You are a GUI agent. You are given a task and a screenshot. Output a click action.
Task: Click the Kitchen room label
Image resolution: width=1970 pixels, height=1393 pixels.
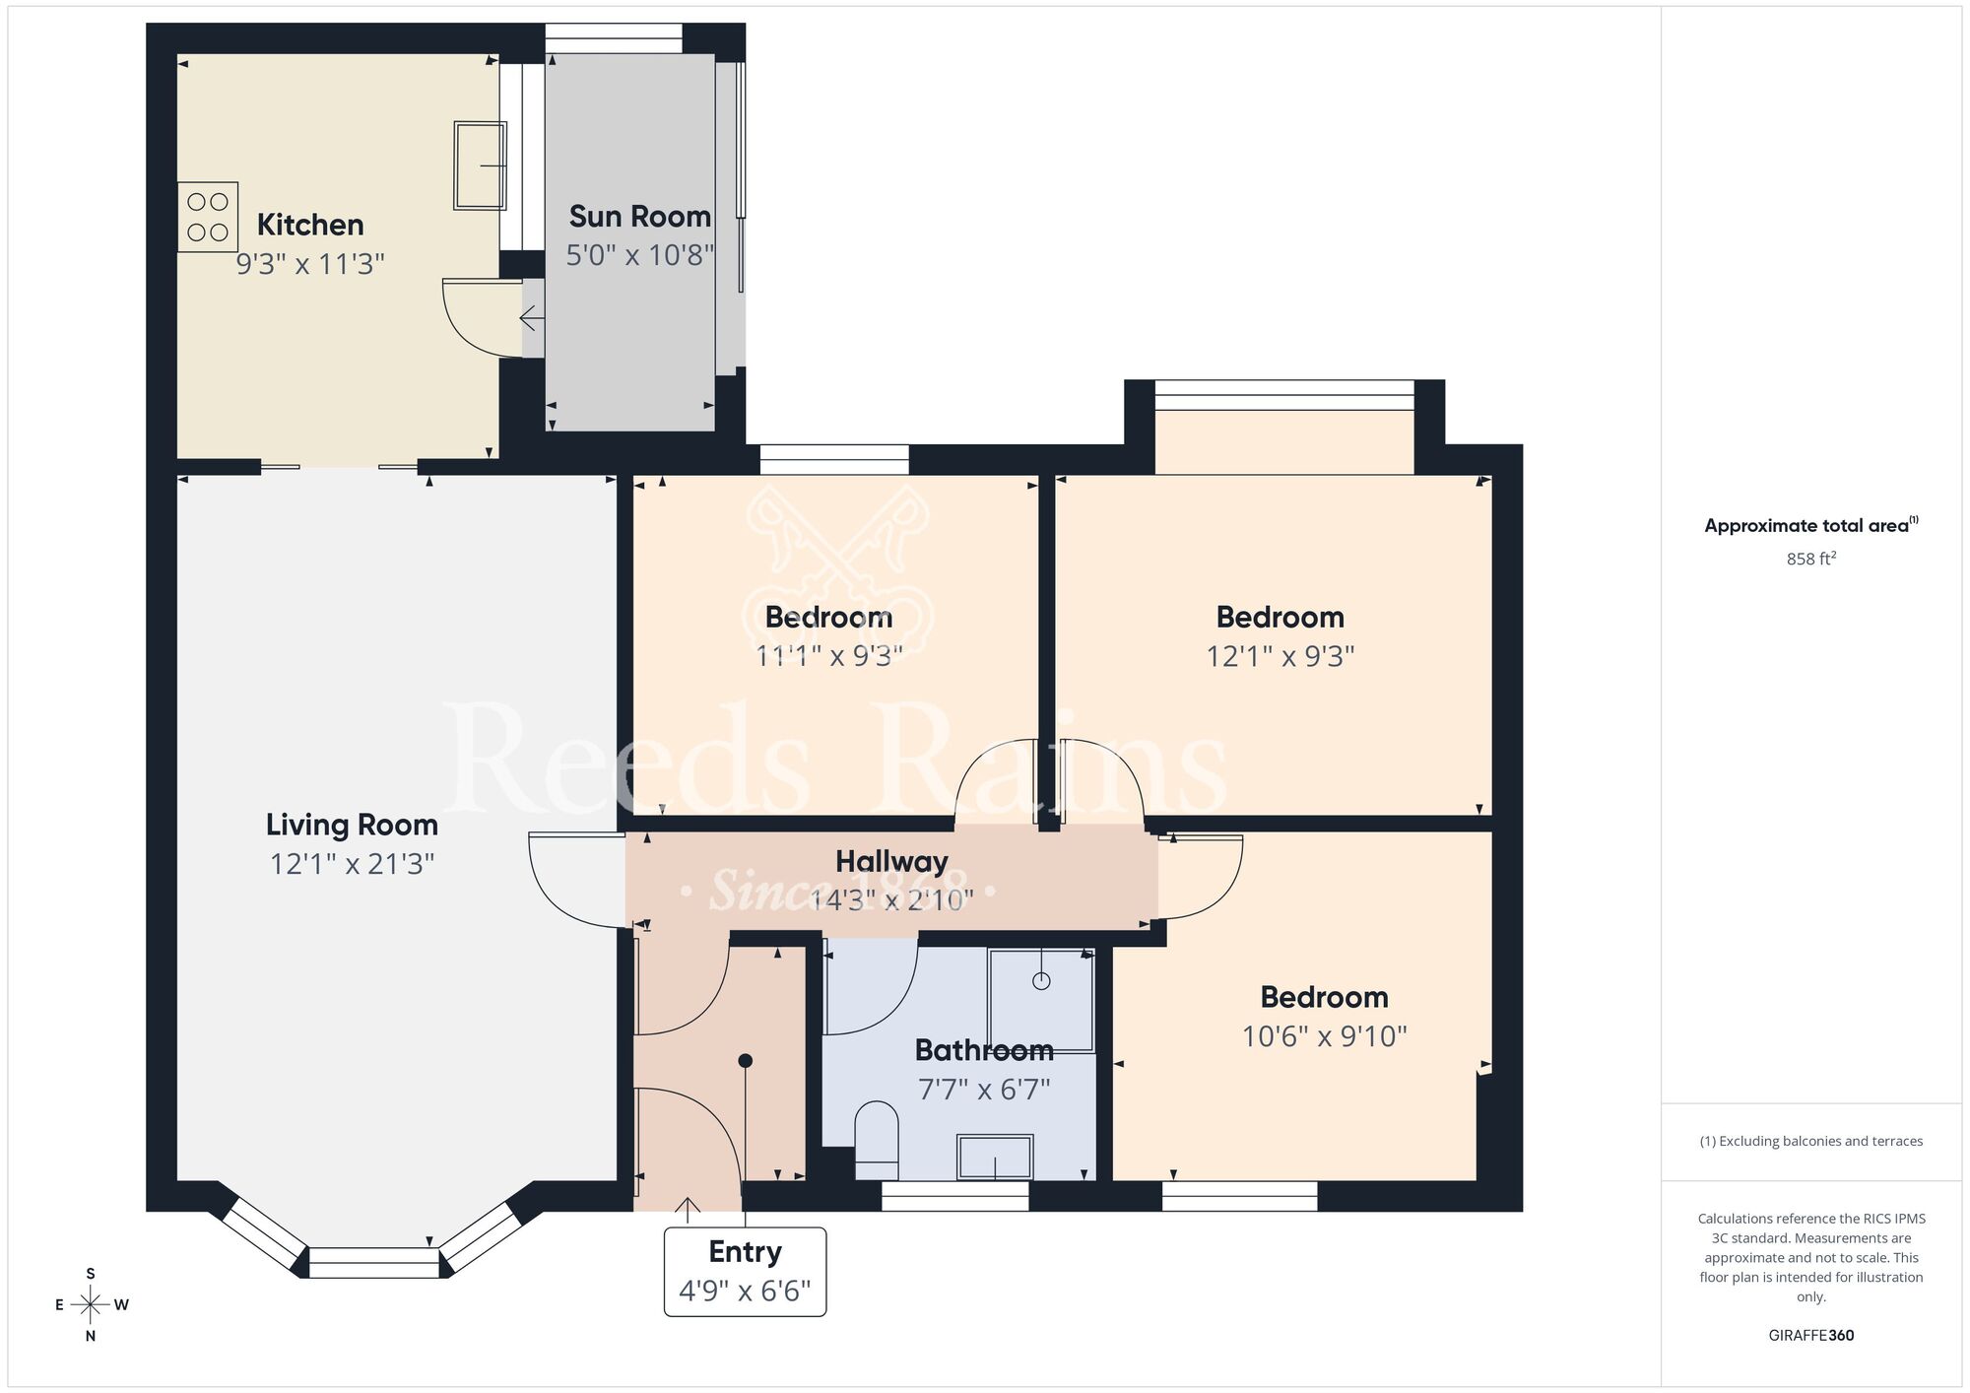(x=310, y=225)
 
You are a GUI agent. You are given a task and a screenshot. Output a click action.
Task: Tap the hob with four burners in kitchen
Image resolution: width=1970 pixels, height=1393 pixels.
(x=208, y=217)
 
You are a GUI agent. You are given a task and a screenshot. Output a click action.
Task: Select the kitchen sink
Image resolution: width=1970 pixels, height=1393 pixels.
(x=480, y=166)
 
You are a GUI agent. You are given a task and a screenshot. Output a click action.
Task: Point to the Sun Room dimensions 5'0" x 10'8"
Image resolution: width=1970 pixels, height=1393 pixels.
(x=639, y=255)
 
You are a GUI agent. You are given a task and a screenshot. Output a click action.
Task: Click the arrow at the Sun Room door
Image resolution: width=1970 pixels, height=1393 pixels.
(x=531, y=318)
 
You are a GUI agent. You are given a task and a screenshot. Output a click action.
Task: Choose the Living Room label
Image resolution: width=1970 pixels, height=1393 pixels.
(x=352, y=825)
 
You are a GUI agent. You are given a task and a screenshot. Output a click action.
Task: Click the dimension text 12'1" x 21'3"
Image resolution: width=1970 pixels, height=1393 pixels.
(x=352, y=864)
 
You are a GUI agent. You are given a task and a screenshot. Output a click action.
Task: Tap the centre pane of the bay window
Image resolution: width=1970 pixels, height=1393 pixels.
(x=374, y=1262)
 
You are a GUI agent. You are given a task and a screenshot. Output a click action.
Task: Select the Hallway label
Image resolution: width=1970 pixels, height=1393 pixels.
(x=891, y=861)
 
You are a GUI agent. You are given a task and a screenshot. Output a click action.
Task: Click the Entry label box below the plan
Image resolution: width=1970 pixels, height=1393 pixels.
(x=745, y=1271)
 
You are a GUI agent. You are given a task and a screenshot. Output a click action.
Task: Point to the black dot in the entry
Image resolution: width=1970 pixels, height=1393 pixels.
(x=746, y=1061)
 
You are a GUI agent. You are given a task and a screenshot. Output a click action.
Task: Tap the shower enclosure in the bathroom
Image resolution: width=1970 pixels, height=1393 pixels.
(x=1041, y=1000)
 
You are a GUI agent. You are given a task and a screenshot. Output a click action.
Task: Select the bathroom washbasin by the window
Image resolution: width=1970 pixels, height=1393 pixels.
(x=995, y=1157)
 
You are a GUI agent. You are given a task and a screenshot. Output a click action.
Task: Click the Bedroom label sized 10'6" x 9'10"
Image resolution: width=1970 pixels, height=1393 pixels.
(x=1324, y=997)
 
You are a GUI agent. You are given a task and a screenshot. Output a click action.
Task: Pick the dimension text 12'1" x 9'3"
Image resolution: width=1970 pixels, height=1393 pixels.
(x=1280, y=656)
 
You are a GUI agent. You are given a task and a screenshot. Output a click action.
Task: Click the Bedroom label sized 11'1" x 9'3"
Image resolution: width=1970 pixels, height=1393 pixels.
(x=828, y=618)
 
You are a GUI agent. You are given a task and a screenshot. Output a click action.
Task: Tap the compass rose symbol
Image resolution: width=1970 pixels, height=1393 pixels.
(x=91, y=1305)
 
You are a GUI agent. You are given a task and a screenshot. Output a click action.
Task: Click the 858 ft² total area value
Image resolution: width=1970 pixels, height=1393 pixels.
(x=1810, y=559)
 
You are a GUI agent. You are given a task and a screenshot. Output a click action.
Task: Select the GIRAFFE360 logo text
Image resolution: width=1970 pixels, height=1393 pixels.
(x=1810, y=1336)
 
